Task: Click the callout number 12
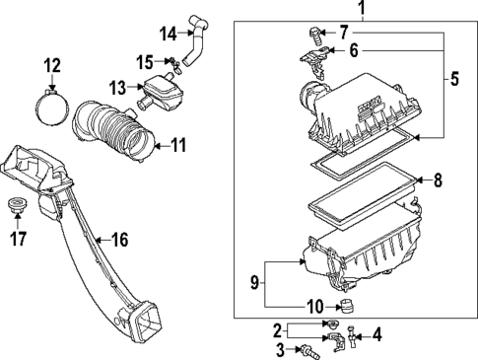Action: (52, 66)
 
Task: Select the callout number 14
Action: (169, 34)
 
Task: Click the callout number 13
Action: (117, 88)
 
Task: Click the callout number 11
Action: (179, 145)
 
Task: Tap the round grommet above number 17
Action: (17, 205)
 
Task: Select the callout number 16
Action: (119, 240)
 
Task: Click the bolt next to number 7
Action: (314, 36)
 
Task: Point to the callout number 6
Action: (354, 50)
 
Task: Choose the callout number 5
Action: (454, 79)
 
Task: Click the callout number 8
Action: (438, 180)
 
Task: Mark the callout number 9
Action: (254, 283)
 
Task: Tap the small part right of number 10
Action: (345, 307)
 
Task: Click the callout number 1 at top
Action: (362, 8)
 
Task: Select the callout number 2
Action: (278, 330)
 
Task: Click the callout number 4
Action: (377, 335)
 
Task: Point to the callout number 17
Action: (18, 239)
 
